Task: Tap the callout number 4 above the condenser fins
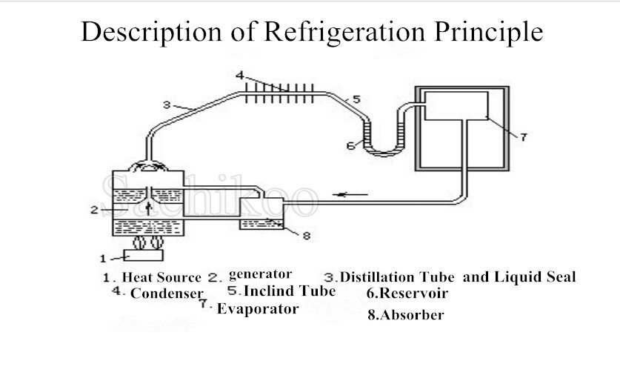240,75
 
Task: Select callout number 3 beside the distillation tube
167,105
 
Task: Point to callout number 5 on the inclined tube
356,99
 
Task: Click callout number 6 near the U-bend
350,146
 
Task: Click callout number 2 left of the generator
94,210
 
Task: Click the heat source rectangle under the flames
143,256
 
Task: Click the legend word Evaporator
258,308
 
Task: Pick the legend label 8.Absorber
406,314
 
